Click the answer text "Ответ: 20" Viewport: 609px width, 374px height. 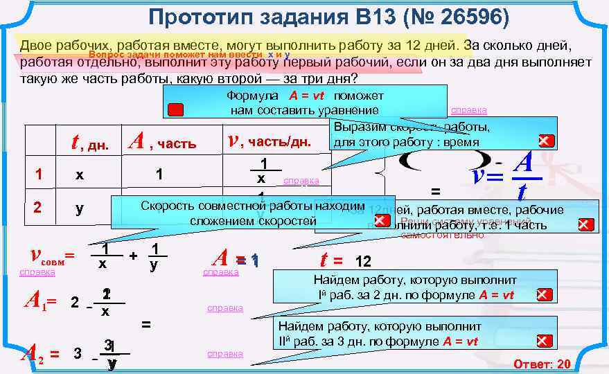tap(541, 364)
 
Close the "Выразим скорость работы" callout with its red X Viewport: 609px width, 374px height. tap(546, 141)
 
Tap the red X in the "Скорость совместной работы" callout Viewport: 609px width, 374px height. tap(382, 221)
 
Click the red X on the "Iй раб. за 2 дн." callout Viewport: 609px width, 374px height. tap(545, 294)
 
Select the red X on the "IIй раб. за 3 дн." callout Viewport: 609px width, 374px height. tap(545, 341)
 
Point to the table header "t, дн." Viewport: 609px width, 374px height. tap(90, 143)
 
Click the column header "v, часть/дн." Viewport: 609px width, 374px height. tap(270, 143)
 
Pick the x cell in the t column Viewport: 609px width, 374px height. tap(80, 175)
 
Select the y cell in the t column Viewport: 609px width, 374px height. tap(80, 208)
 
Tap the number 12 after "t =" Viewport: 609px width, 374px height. tap(363, 262)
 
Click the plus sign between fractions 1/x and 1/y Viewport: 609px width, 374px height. tap(133, 256)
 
